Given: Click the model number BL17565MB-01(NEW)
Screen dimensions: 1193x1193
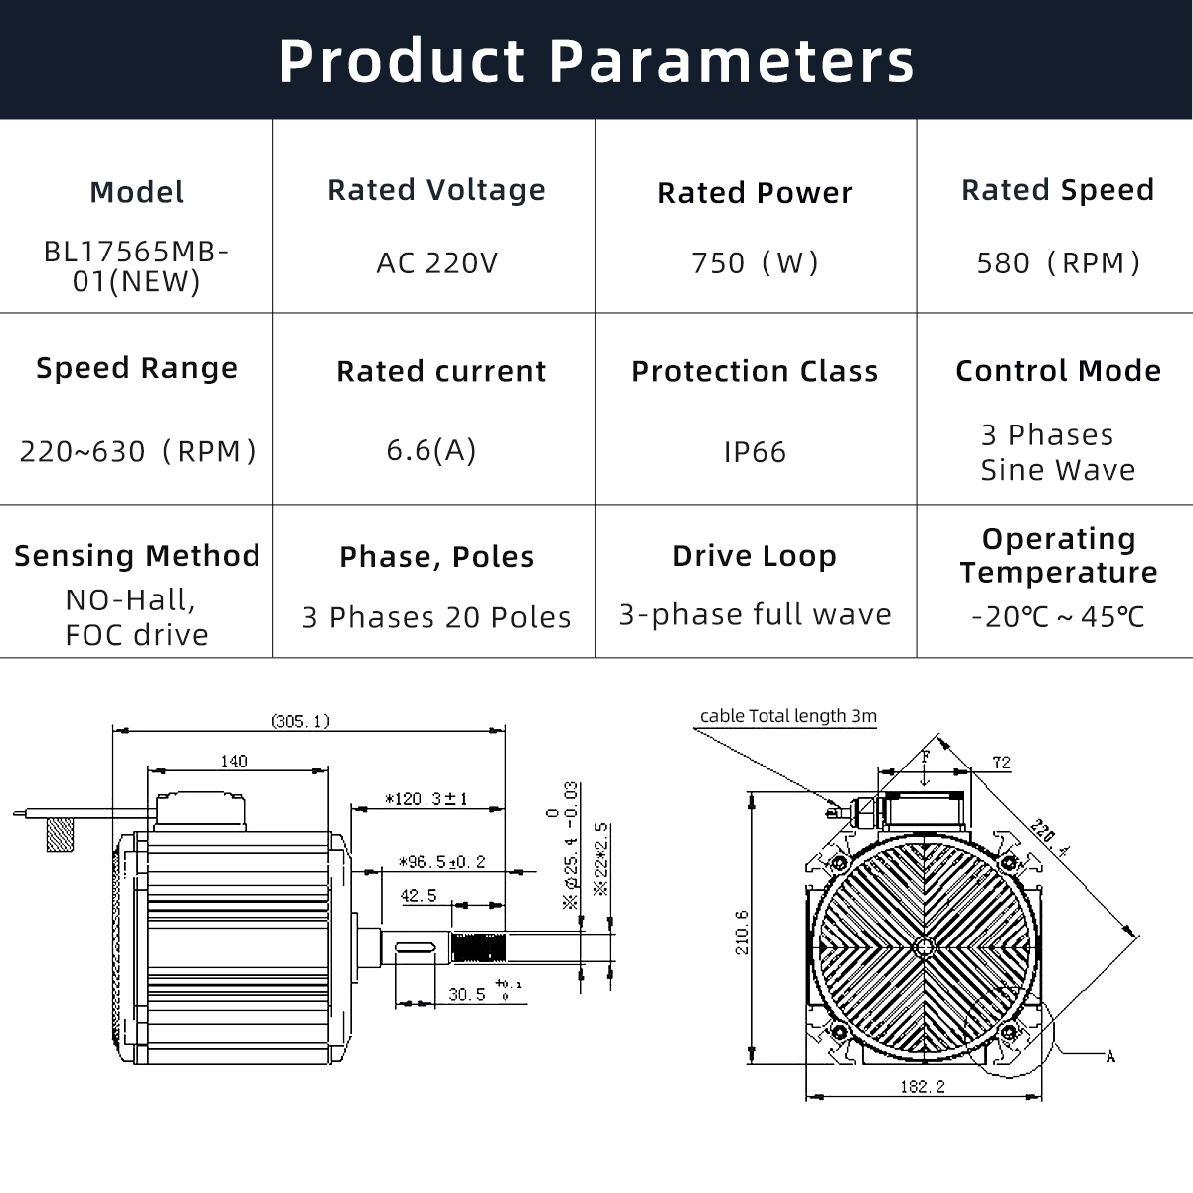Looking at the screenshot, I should pyautogui.click(x=136, y=266).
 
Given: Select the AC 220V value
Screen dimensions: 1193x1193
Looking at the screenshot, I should pyautogui.click(x=436, y=263).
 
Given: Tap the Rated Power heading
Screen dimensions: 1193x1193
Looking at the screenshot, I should pyautogui.click(x=755, y=193).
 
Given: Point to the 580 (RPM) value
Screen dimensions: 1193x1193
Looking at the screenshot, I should pyautogui.click(x=1058, y=263).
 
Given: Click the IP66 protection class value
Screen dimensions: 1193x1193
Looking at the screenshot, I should pyautogui.click(x=755, y=452).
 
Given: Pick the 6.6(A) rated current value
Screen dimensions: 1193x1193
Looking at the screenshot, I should pyautogui.click(x=431, y=450).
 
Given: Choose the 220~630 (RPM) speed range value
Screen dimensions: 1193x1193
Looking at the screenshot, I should pyautogui.click(x=137, y=452).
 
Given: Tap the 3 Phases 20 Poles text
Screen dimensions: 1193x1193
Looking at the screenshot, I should pyautogui.click(x=436, y=617).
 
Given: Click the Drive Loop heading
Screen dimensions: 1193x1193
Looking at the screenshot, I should pyautogui.click(x=755, y=556).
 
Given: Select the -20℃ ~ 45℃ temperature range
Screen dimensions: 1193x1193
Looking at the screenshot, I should pyautogui.click(x=1058, y=617).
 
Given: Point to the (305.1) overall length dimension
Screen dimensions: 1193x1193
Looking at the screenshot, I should pyautogui.click(x=300, y=721).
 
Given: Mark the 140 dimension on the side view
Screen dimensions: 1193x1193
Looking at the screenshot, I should pyautogui.click(x=233, y=761).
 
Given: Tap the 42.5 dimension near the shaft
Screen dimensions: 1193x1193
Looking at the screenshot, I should pyautogui.click(x=419, y=896).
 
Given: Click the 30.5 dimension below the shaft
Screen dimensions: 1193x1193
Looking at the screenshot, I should pyautogui.click(x=467, y=994).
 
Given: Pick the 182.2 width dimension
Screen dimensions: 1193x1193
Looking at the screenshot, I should pyautogui.click(x=922, y=1087).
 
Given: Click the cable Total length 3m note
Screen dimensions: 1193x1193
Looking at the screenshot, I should pyautogui.click(x=787, y=716).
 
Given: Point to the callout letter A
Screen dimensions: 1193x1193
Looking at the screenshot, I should pyautogui.click(x=1110, y=1056).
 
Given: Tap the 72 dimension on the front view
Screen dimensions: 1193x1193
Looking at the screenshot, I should pyautogui.click(x=1001, y=763).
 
